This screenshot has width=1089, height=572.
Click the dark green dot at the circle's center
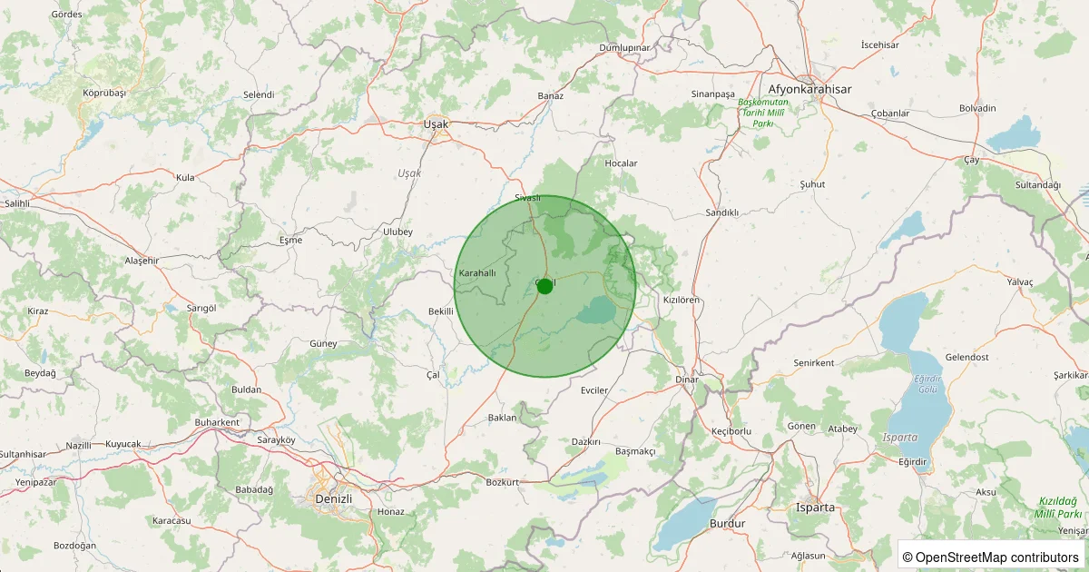544,286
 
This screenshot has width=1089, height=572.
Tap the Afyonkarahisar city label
809,89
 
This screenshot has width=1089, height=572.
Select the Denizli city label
332,499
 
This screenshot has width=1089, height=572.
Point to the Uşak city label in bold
437,123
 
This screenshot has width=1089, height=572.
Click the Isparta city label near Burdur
814,508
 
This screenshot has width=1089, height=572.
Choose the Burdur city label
727,524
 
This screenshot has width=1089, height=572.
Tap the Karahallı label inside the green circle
477,273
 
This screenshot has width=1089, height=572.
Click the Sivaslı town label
527,198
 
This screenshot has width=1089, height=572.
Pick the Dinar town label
687,379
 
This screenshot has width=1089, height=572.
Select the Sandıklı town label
722,212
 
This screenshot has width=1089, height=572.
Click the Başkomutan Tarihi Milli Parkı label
762,113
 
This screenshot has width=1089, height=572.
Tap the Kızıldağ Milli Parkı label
1057,507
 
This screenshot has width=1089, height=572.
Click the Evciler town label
594,390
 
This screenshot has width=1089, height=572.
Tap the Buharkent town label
217,423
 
